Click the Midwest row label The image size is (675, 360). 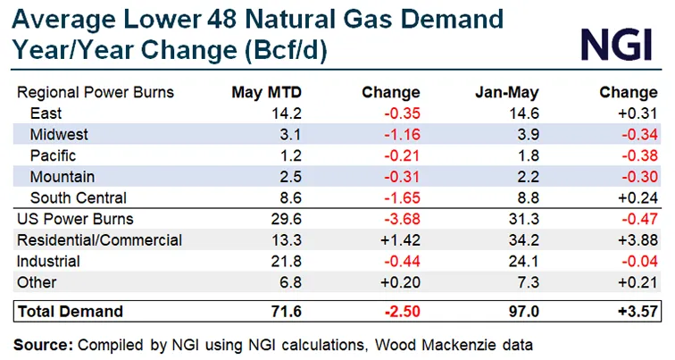(59, 134)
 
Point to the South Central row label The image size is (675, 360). (79, 198)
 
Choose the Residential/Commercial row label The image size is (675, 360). (99, 240)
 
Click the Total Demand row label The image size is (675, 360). (68, 312)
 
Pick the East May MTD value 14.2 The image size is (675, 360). (270, 113)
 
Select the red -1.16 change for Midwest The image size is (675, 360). (400, 134)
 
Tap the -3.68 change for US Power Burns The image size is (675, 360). (400, 220)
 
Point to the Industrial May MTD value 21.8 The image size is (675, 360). (270, 262)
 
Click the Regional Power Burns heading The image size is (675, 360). (96, 92)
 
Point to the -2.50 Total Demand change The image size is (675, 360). (399, 312)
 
